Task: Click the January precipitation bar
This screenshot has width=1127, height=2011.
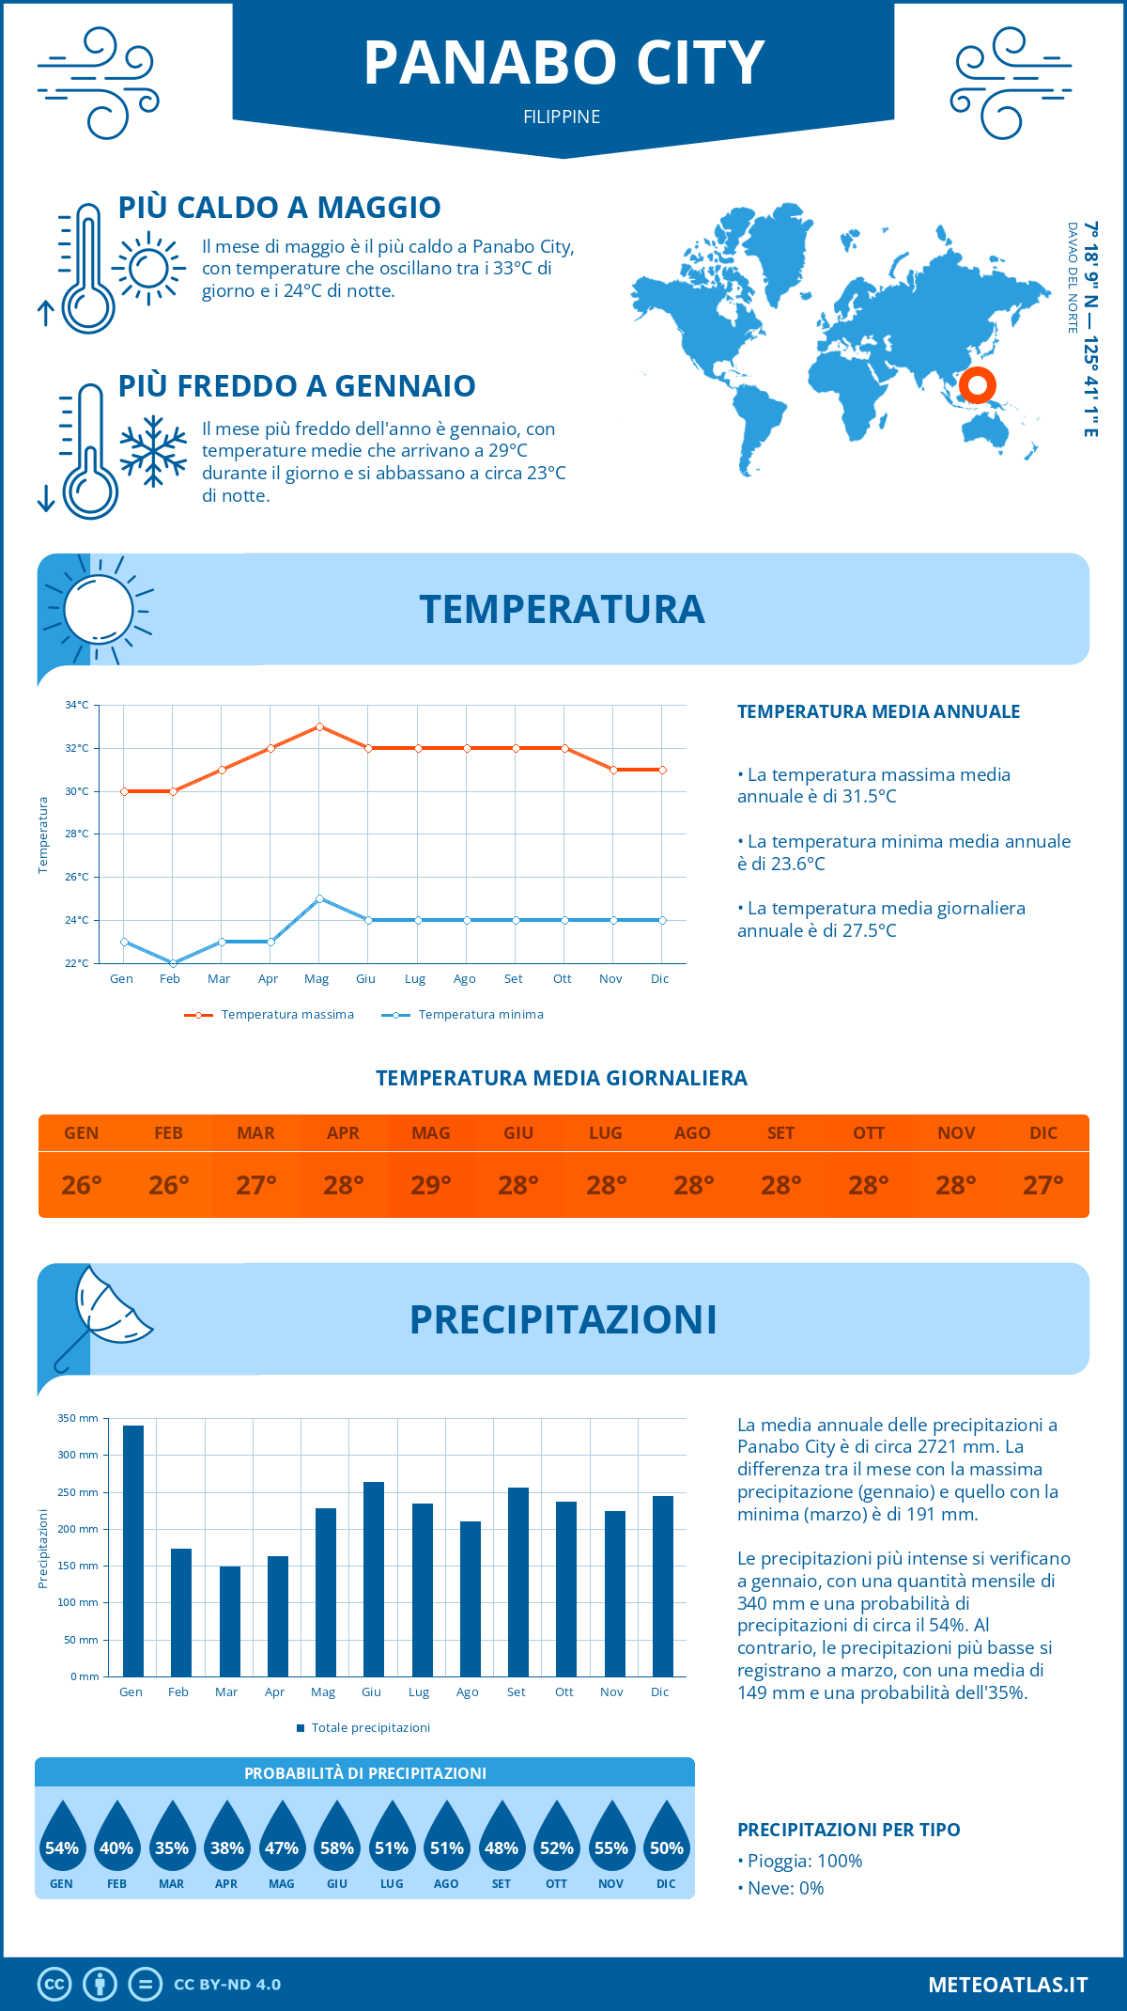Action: point(133,1551)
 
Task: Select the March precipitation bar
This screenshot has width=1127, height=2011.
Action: point(230,1621)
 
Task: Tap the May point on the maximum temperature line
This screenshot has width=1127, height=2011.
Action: point(320,726)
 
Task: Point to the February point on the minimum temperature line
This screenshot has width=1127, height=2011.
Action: point(173,963)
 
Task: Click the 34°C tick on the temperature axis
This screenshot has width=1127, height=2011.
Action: point(77,705)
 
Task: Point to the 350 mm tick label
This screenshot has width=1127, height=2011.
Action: point(78,1418)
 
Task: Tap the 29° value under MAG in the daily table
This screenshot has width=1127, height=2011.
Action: point(431,1185)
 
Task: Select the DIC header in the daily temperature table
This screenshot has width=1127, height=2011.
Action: point(1043,1133)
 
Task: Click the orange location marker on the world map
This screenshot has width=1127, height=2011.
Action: point(978,385)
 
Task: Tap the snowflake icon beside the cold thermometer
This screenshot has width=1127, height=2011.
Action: point(153,451)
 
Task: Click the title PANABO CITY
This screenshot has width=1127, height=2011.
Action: point(563,64)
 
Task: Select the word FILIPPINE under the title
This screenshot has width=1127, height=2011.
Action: point(562,117)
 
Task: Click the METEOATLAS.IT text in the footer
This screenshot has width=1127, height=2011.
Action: point(1008,1985)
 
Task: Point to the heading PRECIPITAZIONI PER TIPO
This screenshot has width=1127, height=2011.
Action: point(848,1830)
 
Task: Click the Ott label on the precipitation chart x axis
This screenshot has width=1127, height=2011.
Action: point(563,1691)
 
